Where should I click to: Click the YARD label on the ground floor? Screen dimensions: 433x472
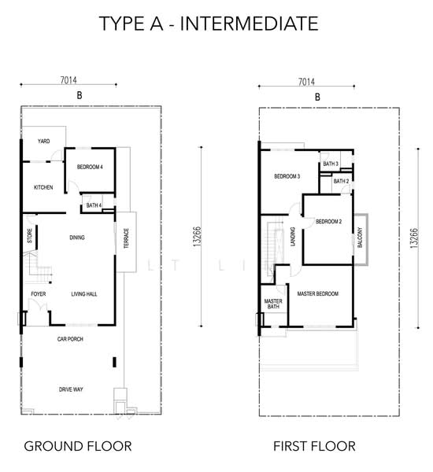pos(43,141)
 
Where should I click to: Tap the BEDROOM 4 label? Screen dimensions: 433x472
pos(90,167)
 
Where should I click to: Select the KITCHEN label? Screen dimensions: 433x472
pos(43,187)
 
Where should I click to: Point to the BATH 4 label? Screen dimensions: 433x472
pos(94,205)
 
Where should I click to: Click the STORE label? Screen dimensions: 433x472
pos(30,236)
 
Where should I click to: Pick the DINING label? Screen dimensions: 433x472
pos(77,238)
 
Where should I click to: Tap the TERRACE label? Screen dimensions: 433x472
pos(126,238)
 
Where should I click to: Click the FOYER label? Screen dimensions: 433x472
pos(39,293)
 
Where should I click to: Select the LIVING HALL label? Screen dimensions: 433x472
pos(84,294)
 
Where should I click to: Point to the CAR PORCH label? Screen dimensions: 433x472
pos(70,339)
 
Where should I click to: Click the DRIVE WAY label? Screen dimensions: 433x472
pos(71,389)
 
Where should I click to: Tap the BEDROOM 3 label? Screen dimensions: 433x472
pos(287,176)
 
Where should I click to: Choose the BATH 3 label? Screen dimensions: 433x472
pos(331,164)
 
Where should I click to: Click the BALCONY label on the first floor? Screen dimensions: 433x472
pos(360,238)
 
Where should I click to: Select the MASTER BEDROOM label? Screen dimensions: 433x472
pos(318,293)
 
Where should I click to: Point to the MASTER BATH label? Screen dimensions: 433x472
pos(273,304)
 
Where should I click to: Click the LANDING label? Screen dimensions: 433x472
pos(292,237)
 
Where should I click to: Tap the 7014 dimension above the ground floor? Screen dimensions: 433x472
pos(68,80)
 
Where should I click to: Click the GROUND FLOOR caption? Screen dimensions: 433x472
pos(78,446)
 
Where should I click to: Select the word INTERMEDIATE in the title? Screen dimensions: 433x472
pos(250,24)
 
